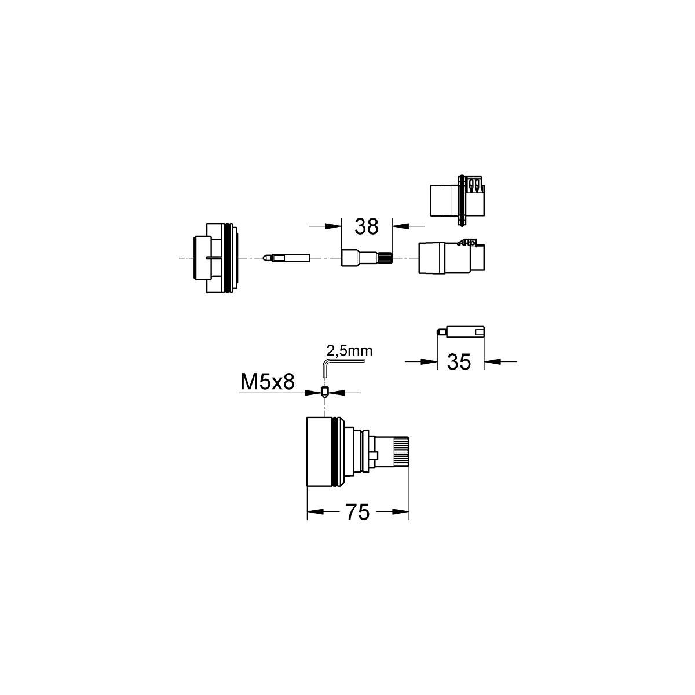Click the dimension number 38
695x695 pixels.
[367, 226]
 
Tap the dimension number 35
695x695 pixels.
[459, 362]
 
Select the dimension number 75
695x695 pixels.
[358, 512]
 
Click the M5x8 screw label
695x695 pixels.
[267, 382]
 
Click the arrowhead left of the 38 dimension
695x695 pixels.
[333, 226]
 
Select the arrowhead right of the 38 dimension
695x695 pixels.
[400, 226]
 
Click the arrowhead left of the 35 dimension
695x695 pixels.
[429, 361]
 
